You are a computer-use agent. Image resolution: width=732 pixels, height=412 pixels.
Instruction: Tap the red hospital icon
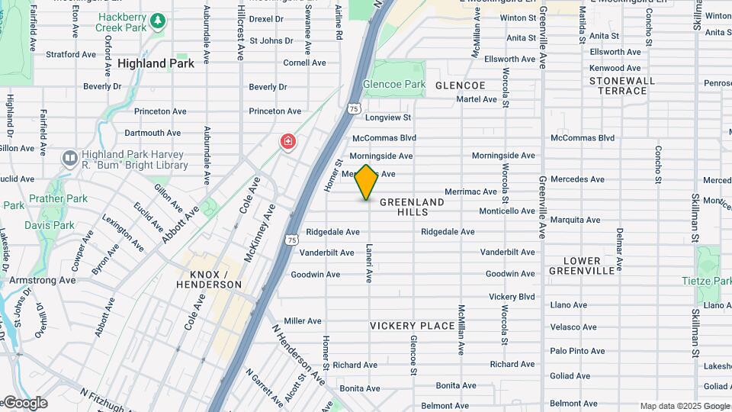(x=287, y=141)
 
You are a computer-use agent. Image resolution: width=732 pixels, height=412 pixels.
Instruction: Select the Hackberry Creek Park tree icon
(x=157, y=21)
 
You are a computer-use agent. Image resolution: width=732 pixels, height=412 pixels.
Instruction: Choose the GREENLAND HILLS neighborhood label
(x=412, y=207)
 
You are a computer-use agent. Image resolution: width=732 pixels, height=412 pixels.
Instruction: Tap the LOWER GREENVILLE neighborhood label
(x=588, y=266)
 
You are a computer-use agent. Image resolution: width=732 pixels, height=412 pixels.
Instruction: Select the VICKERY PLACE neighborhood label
(x=412, y=326)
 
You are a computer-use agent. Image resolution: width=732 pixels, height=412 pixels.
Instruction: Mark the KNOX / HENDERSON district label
(x=208, y=279)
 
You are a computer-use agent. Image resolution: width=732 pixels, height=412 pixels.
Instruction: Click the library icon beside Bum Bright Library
(x=69, y=159)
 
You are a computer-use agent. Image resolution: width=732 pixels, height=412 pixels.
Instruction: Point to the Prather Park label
(x=58, y=198)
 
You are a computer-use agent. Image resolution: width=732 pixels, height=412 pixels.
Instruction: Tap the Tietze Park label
(x=705, y=282)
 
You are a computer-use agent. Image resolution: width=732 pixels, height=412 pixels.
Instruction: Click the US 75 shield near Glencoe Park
(x=354, y=109)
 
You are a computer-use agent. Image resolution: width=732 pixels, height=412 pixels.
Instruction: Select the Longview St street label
(x=387, y=117)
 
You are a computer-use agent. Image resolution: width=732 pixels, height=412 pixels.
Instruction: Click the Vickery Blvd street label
(x=512, y=296)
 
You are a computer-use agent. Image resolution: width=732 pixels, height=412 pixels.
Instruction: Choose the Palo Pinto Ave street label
(x=577, y=351)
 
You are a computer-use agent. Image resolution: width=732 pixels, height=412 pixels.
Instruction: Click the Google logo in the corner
(x=24, y=403)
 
